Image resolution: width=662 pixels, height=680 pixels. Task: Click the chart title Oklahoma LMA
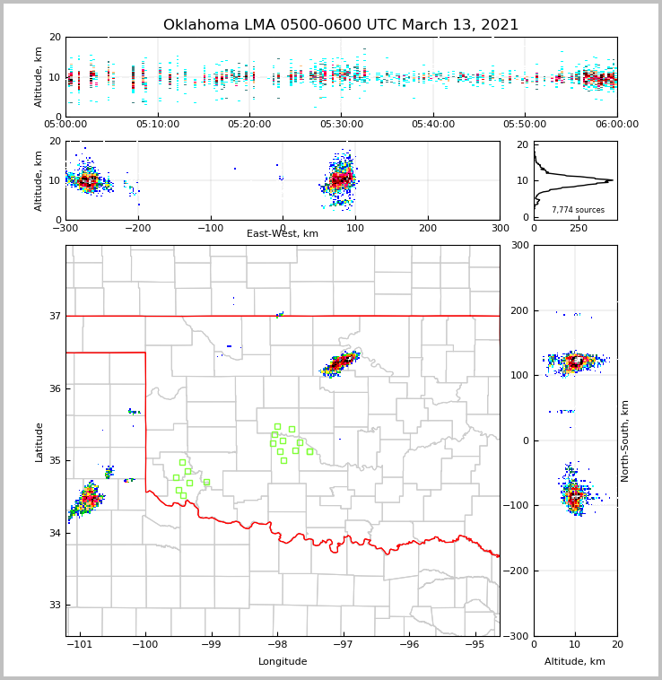[341, 25]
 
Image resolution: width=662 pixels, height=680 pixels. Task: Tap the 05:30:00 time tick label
[341, 124]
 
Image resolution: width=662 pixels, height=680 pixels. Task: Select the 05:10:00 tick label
[157, 124]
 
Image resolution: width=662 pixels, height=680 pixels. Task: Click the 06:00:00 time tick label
[617, 124]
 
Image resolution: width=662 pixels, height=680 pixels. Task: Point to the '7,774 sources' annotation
[578, 210]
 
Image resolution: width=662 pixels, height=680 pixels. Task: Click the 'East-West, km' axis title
[283, 234]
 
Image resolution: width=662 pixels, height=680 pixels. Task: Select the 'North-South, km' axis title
[625, 440]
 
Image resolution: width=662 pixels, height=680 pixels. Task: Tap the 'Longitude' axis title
[283, 662]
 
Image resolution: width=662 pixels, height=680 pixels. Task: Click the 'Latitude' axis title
[39, 441]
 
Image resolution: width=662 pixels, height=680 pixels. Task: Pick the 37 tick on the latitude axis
[54, 316]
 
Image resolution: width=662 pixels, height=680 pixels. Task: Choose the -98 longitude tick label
[276, 644]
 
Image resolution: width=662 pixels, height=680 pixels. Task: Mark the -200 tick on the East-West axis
[138, 227]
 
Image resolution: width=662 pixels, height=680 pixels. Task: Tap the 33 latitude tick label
[54, 605]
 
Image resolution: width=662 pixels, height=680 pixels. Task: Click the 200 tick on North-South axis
[519, 310]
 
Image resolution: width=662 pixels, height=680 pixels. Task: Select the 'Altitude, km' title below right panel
[575, 662]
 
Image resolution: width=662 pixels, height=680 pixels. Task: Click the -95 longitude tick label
[475, 644]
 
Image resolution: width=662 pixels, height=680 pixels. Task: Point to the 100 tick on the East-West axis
[355, 227]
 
